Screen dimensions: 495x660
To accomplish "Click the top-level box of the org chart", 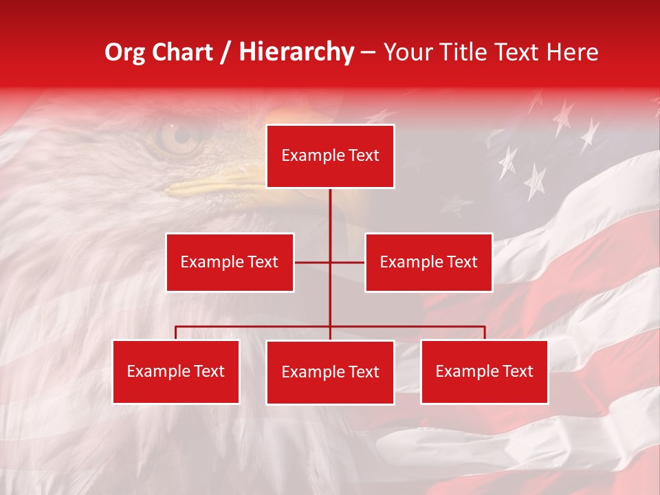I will pos(330,156).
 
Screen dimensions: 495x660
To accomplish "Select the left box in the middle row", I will pos(230,262).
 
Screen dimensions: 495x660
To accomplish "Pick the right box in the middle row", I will pos(428,262).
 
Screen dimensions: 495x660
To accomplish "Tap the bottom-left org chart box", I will pos(176,371).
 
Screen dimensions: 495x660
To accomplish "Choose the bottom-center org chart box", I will pos(330,372).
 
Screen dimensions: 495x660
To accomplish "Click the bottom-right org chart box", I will pos(484,371).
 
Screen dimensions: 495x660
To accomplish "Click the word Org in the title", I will pos(125,52).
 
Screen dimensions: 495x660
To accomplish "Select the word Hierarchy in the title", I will pos(296,52).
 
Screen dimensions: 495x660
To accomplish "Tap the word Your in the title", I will pos(410,52).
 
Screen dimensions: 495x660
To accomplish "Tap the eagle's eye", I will pos(173,135).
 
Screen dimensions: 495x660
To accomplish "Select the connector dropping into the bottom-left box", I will pos(176,333).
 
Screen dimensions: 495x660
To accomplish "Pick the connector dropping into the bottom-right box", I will pos(484,333).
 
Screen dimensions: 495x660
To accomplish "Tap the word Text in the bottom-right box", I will pos(517,371).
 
